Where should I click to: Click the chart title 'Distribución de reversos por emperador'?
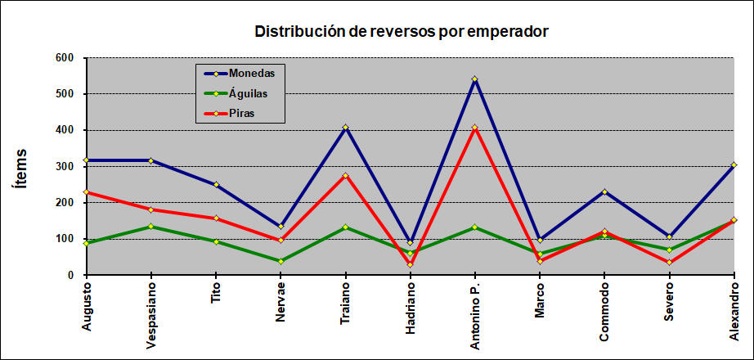(401, 32)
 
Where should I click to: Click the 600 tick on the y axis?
(65, 58)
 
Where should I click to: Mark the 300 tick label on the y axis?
(65, 166)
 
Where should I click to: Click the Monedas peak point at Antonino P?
(474, 79)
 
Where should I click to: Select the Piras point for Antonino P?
(474, 128)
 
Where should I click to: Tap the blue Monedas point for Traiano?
(345, 128)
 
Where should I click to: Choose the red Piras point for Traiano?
(345, 175)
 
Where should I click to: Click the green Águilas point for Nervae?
(281, 261)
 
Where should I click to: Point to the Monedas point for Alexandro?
(734, 165)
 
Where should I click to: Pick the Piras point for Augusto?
(86, 192)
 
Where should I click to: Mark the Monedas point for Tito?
(216, 185)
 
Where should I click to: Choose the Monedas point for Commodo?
(604, 191)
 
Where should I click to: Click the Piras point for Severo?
(669, 262)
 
